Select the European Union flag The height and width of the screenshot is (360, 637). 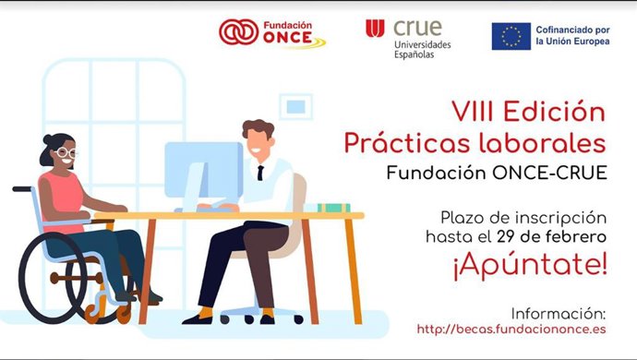click(x=511, y=36)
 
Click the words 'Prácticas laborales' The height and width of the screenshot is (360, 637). click(x=475, y=143)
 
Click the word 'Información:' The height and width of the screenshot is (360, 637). click(x=559, y=313)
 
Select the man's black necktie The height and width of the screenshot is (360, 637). click(x=261, y=172)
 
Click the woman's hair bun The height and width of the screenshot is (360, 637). click(x=48, y=139)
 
